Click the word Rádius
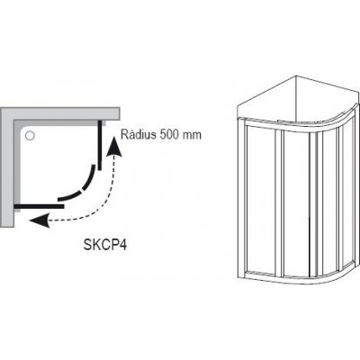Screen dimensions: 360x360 [x=139, y=134]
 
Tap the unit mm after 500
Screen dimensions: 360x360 [x=192, y=136]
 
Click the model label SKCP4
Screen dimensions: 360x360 [x=105, y=245]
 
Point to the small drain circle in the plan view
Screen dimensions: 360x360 [x=30, y=136]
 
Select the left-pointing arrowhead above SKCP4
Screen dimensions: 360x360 [x=40, y=220]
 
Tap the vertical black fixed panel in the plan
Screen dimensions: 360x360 [x=99, y=145]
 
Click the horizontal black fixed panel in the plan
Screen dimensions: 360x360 [x=39, y=206]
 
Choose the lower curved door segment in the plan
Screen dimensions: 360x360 [x=70, y=196]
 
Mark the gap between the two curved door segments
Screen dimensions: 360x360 [x=83, y=191]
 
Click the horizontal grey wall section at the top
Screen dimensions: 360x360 [x=60, y=114]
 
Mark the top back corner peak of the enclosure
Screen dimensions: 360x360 [x=296, y=76]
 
